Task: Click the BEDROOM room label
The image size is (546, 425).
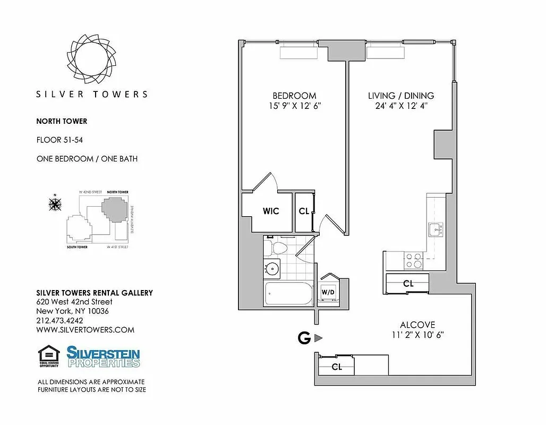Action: [x=294, y=96]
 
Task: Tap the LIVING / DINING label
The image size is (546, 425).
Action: [x=401, y=96]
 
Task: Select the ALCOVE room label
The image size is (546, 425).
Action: [x=417, y=325]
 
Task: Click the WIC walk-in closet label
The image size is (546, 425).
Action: [x=271, y=211]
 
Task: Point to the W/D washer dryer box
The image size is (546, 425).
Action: [x=327, y=292]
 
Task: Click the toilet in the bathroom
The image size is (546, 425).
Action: [x=277, y=248]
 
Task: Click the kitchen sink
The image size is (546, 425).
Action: [x=435, y=230]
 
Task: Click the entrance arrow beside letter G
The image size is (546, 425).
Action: [x=318, y=338]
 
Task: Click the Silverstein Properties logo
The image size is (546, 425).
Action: [x=103, y=356]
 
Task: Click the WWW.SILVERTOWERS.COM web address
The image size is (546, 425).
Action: [x=85, y=330]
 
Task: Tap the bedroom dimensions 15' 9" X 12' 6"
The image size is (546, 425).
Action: [x=294, y=106]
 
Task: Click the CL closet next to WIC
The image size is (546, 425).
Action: [x=304, y=211]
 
